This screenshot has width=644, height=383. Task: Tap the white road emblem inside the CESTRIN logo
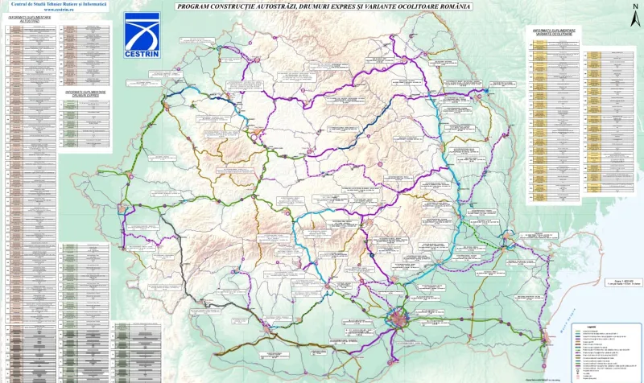click(x=142, y=31)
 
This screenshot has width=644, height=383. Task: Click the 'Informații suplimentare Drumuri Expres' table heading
click(x=85, y=93)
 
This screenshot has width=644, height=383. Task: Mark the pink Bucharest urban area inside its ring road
click(x=400, y=320)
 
